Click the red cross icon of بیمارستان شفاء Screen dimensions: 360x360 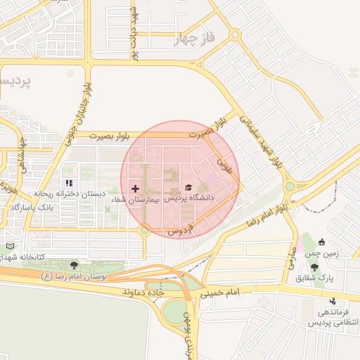click(135, 188)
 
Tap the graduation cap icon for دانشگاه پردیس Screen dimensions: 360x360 click(188, 188)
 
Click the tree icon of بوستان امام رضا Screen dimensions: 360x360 click(75, 265)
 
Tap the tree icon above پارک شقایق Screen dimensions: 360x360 click(314, 267)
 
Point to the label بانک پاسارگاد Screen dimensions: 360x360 click(32, 209)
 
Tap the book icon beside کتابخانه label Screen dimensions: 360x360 click(9, 247)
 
